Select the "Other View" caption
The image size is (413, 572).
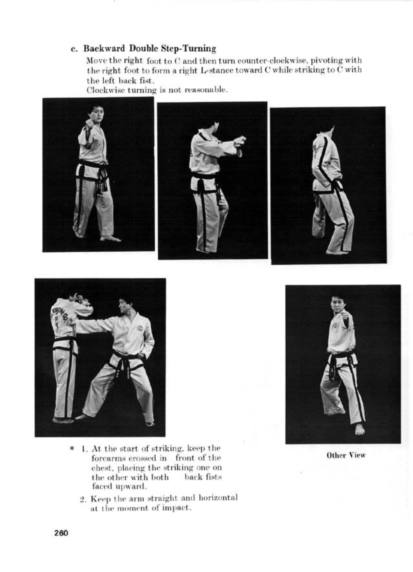(x=346, y=455)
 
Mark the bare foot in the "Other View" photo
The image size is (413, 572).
(x=359, y=429)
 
